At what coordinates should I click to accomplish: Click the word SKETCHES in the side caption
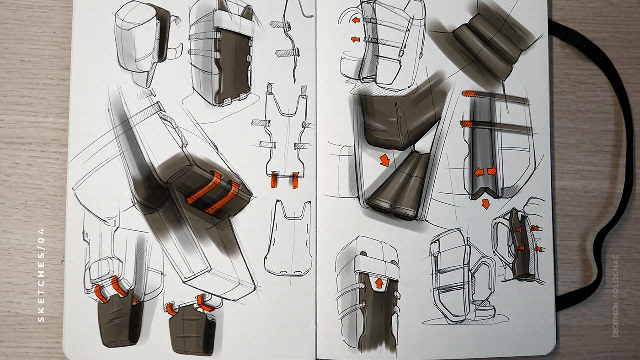42,286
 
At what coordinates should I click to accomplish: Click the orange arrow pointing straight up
379,283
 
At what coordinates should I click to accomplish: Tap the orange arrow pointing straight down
485,204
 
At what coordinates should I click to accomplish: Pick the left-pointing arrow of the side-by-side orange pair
479,172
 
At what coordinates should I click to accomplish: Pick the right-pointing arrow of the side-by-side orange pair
492,171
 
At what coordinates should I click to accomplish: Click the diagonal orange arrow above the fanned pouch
384,160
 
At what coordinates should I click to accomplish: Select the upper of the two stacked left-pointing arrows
356,20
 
